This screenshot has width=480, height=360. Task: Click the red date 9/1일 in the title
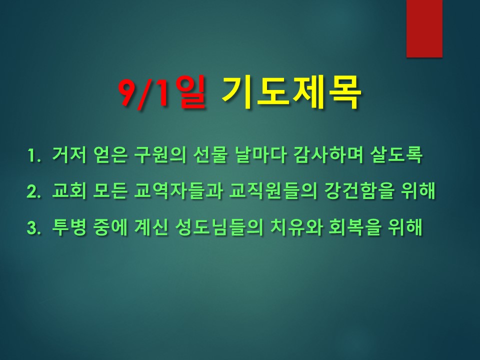pyautogui.click(x=162, y=92)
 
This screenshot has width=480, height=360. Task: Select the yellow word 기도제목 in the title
pyautogui.click(x=290, y=92)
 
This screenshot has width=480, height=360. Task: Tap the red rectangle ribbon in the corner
pyautogui.click(x=424, y=28)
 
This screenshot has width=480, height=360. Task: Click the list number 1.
pyautogui.click(x=34, y=155)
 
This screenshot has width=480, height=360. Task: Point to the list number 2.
pyautogui.click(x=34, y=191)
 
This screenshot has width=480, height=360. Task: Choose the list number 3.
pyautogui.click(x=34, y=227)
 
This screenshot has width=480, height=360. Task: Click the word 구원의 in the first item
pyautogui.click(x=160, y=154)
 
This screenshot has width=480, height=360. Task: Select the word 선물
pyautogui.click(x=210, y=154)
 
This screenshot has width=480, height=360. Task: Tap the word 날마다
pyautogui.click(x=260, y=154)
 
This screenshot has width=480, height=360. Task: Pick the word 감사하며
pyautogui.click(x=328, y=154)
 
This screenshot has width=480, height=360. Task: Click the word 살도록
pyautogui.click(x=396, y=154)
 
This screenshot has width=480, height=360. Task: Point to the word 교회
pyautogui.click(x=69, y=190)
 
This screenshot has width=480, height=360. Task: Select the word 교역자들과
pyautogui.click(x=178, y=190)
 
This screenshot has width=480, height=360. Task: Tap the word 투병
pyautogui.click(x=69, y=227)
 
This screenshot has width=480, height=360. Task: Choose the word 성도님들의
pyautogui.click(x=219, y=227)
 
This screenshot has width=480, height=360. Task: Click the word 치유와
pyautogui.click(x=296, y=227)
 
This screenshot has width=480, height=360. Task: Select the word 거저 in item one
pyautogui.click(x=69, y=154)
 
